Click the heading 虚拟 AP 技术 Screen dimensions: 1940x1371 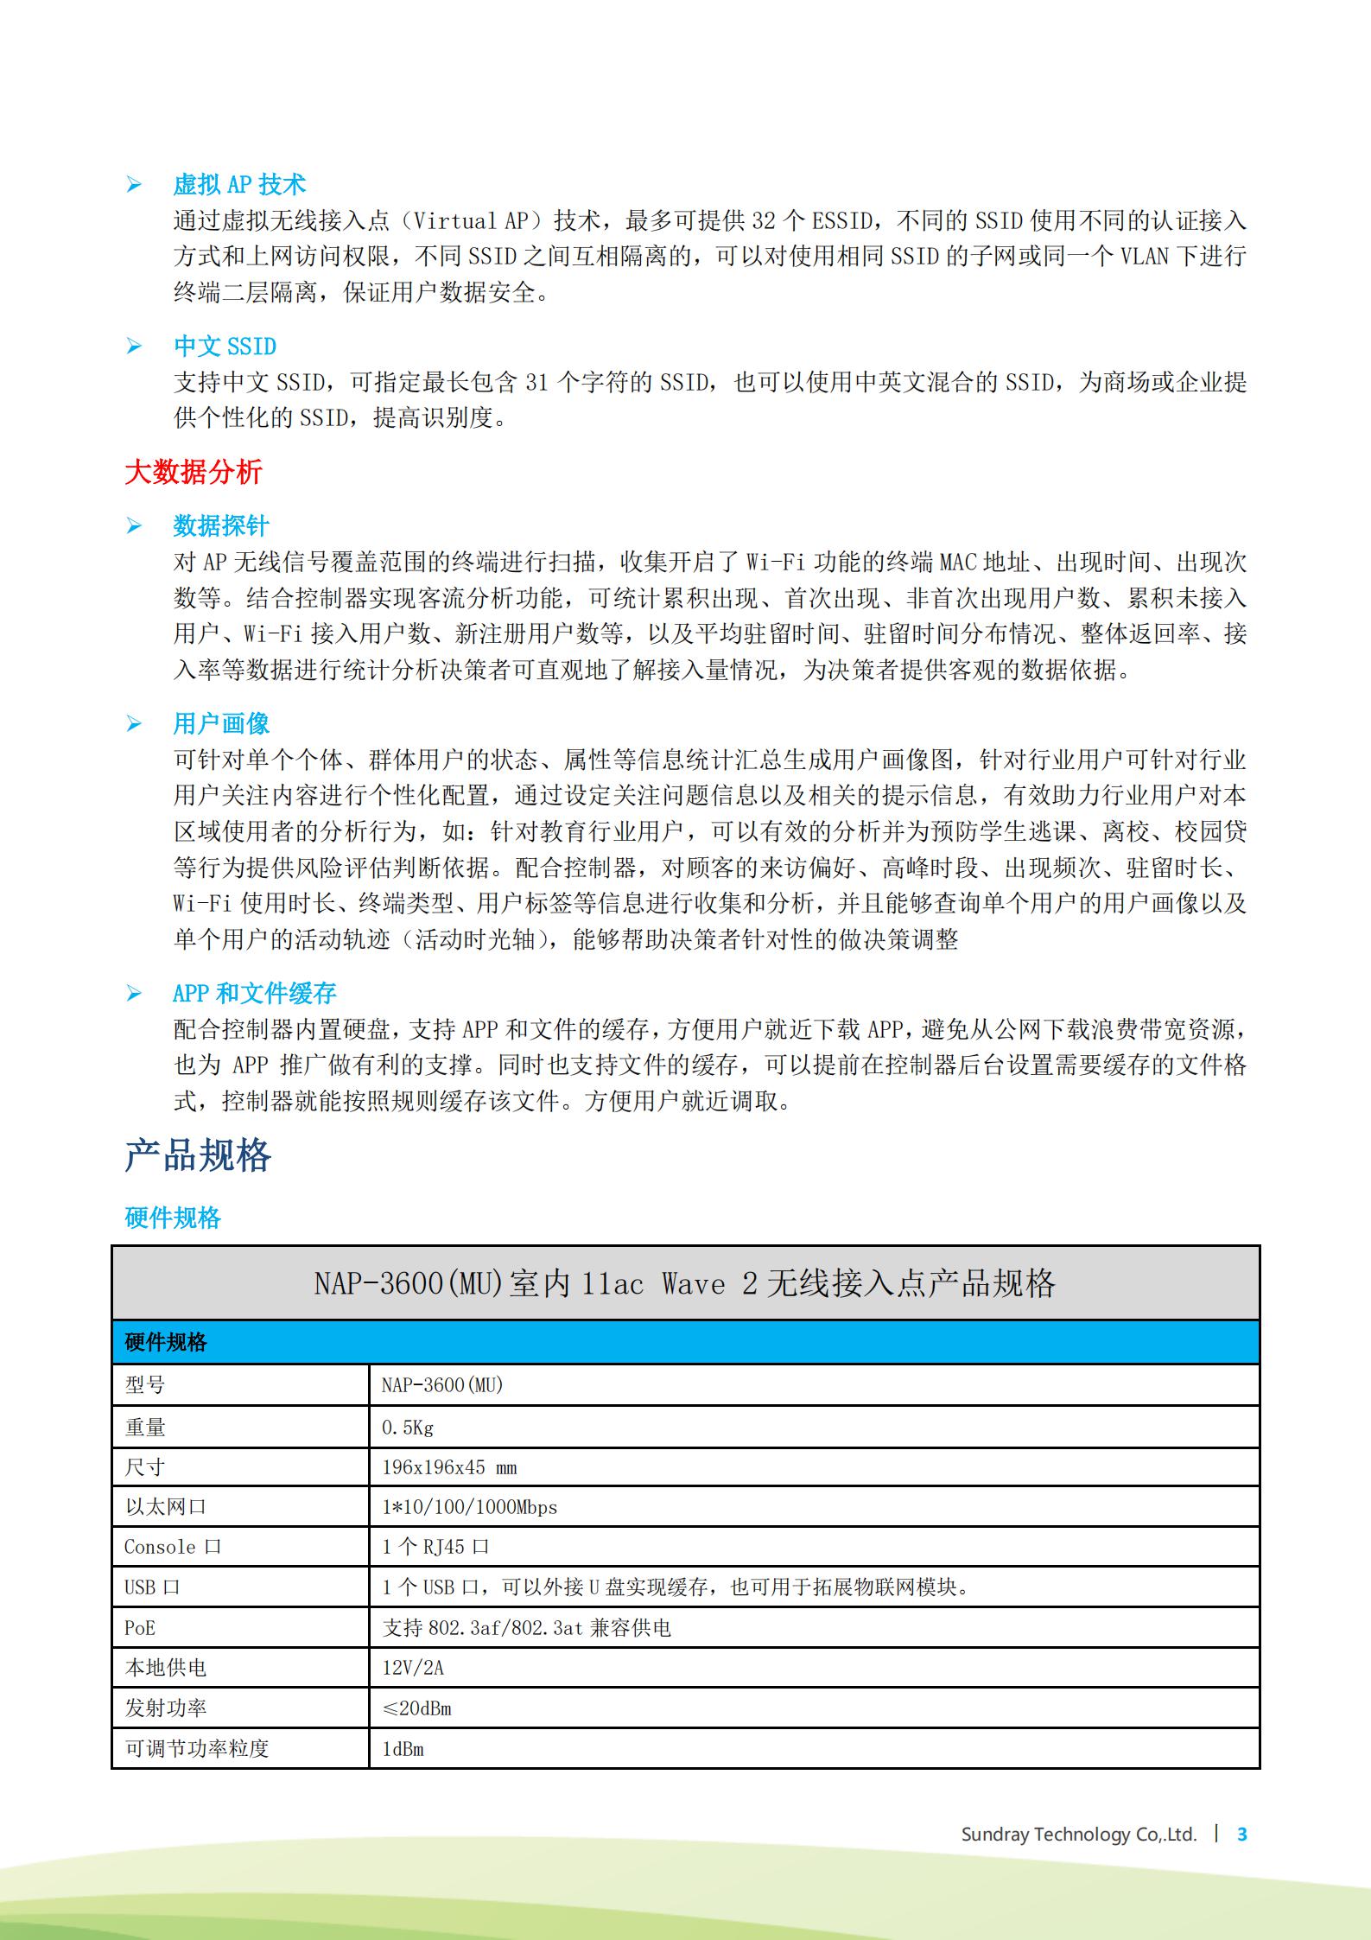click(x=239, y=184)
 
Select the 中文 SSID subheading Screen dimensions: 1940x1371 click(x=225, y=346)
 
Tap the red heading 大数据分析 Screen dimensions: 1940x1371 click(x=193, y=472)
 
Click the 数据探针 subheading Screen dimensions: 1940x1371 click(x=221, y=525)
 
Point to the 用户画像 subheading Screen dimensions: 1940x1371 click(x=221, y=723)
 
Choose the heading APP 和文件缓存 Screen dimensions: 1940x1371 click(x=254, y=993)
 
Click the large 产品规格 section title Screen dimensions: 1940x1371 click(x=198, y=1155)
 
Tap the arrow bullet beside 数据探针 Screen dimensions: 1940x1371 click(x=134, y=525)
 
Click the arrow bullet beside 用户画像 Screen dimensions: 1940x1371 click(x=134, y=723)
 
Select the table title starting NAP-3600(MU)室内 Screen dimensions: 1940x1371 click(x=684, y=1283)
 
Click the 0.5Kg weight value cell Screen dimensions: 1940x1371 click(x=408, y=1428)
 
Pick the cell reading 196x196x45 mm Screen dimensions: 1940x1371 click(x=449, y=1467)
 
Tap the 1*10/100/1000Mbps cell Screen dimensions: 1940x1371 click(x=469, y=1507)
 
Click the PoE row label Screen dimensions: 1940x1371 click(x=140, y=1628)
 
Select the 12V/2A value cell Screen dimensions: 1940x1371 click(x=413, y=1668)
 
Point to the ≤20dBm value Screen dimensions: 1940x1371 click(x=416, y=1708)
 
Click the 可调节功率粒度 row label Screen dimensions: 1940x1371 click(x=197, y=1748)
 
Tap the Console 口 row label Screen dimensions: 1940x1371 click(x=173, y=1547)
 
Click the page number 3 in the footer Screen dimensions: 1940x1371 click(x=1242, y=1834)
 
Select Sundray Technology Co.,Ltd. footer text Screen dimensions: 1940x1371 click(x=1079, y=1834)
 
